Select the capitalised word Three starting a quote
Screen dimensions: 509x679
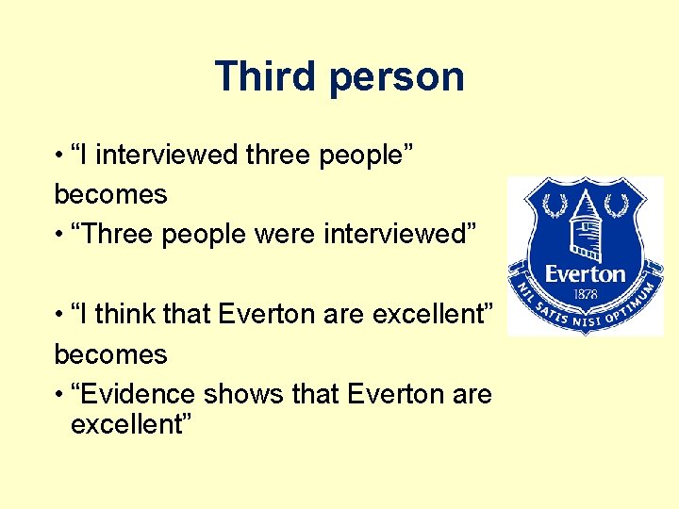click(x=117, y=234)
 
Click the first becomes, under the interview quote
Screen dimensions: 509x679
click(x=110, y=195)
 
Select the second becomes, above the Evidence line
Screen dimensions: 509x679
click(x=110, y=355)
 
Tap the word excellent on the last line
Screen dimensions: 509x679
click(x=131, y=425)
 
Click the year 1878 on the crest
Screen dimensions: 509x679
click(x=586, y=292)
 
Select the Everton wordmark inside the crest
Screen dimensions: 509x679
click(x=586, y=274)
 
